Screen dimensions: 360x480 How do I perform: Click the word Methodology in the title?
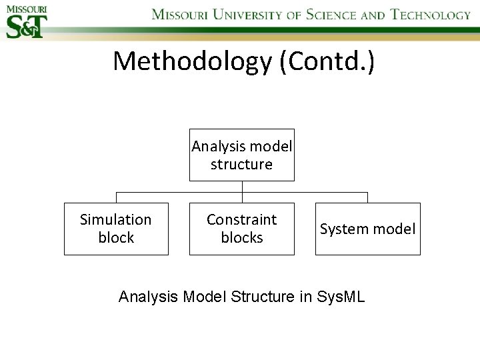[191, 61]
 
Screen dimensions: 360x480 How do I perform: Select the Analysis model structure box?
[241, 155]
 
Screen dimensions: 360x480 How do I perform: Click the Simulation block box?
[116, 229]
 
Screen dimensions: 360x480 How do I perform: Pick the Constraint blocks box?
[241, 229]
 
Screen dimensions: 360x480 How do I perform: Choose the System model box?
[367, 229]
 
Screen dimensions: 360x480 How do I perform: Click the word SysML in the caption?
[342, 297]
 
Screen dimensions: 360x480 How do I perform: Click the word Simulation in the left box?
[116, 219]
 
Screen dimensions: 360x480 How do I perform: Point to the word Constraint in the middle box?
[241, 219]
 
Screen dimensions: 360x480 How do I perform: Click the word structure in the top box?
[241, 165]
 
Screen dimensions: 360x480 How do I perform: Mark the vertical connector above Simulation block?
[117, 197]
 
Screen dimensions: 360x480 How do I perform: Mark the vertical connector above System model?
[367, 197]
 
